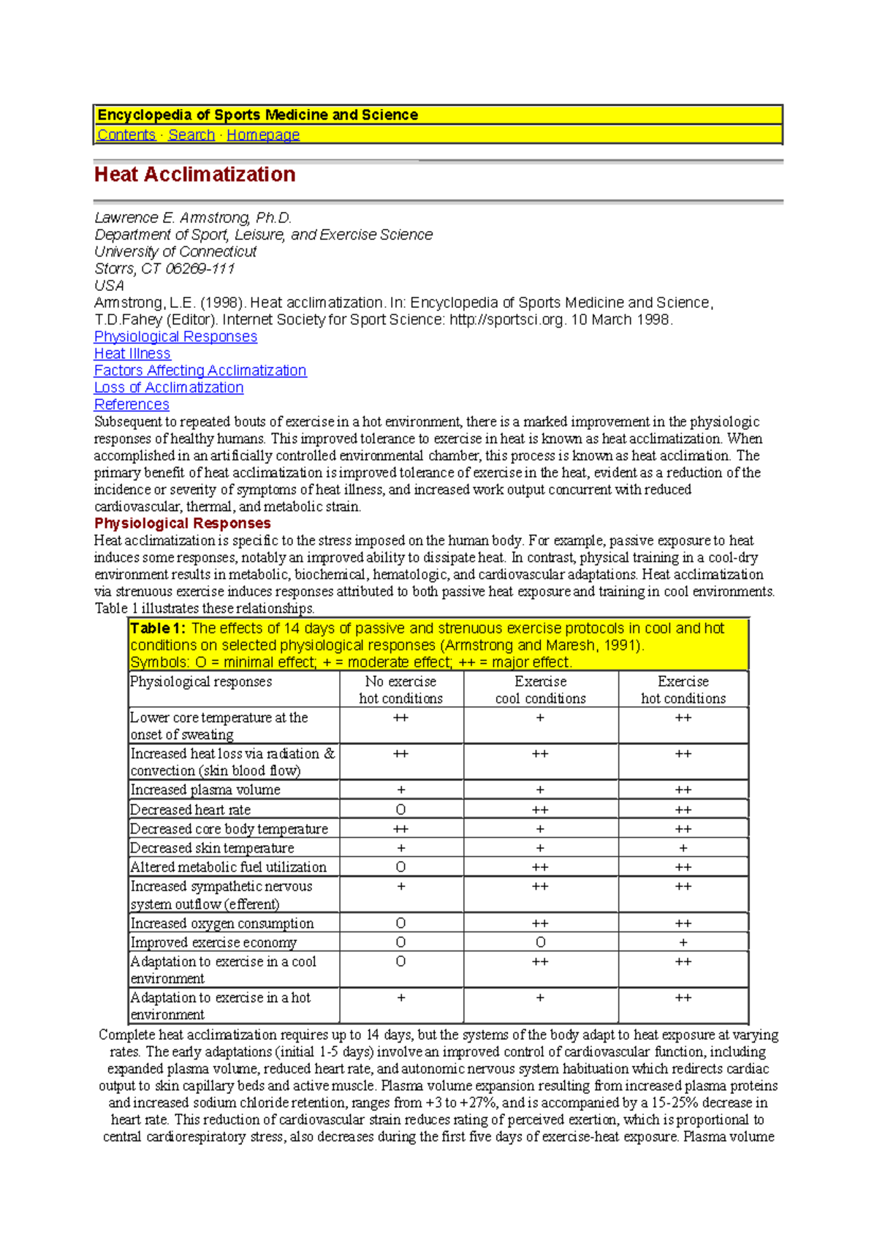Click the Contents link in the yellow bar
126,135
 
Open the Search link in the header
191,135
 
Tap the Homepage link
263,135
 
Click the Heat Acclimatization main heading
195,175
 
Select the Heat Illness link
132,354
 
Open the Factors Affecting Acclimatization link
200,371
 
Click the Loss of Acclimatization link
169,387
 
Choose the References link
132,405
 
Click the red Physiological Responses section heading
183,523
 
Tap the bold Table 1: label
158,628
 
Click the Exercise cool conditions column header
540,689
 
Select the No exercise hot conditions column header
400,689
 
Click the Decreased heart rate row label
191,809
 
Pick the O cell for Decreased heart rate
400,809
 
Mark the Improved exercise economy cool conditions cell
540,942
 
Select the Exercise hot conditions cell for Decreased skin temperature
683,848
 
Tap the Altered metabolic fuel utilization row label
229,867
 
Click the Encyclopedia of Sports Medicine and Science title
258,115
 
